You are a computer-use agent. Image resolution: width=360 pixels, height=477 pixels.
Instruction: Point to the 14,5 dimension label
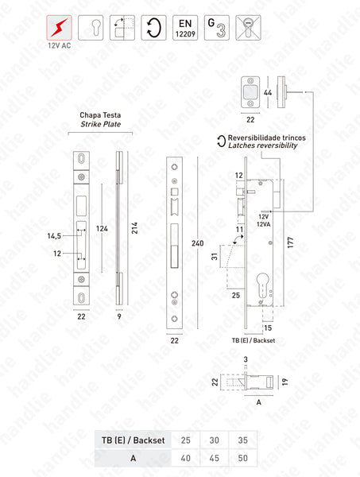[55, 235]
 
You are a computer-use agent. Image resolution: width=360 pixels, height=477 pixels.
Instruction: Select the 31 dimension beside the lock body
[215, 256]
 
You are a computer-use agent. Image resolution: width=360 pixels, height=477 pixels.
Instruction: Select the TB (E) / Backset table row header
[128, 438]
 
